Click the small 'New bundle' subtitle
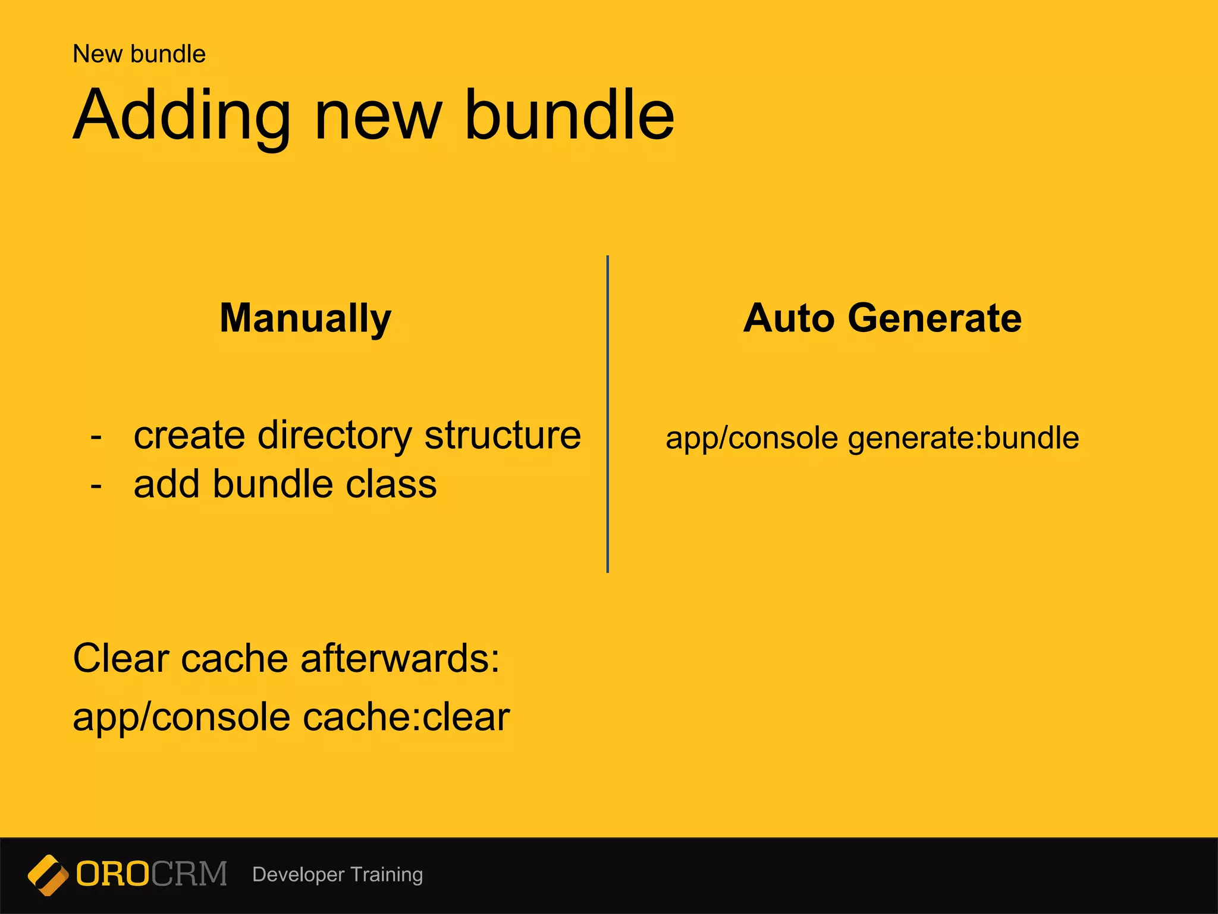coord(139,54)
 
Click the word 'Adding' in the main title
coord(182,116)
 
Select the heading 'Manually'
coord(306,318)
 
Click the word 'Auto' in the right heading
coord(790,318)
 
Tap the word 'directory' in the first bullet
coord(334,436)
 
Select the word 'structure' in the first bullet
coord(503,436)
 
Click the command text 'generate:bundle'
coord(963,439)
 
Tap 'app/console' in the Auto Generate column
coord(752,439)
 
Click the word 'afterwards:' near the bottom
coord(400,659)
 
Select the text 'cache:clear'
coord(406,717)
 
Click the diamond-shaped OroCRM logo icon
coord(48,875)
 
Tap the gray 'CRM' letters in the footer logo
coord(189,874)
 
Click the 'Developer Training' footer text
coord(337,875)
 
